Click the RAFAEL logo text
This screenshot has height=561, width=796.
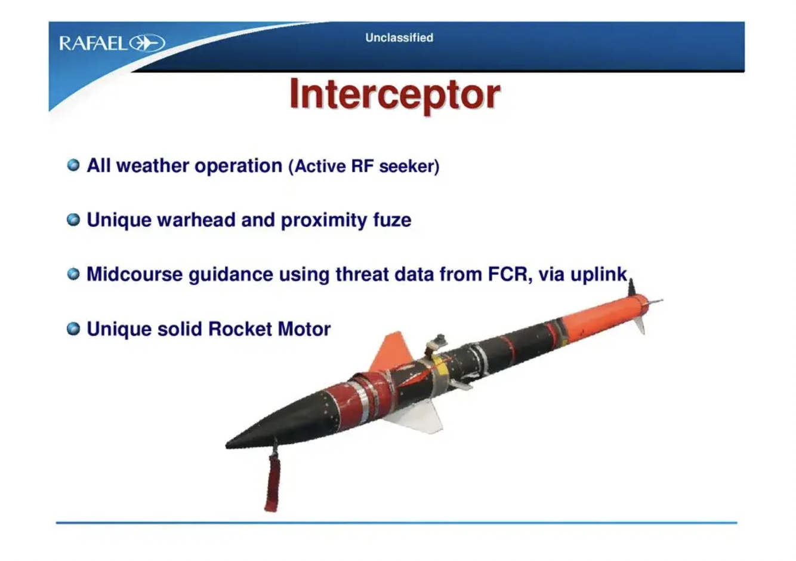(93, 44)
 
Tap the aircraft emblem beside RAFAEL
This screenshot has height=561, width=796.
(147, 43)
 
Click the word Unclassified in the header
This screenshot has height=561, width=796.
(399, 38)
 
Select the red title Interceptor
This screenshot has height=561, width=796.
(395, 94)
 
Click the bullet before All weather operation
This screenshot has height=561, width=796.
(73, 165)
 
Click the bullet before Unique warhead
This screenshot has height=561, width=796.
(73, 220)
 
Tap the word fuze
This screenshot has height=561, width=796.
(392, 220)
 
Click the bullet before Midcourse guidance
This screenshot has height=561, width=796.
(73, 274)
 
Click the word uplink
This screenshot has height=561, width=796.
(598, 275)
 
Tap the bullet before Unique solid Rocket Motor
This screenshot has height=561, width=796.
(73, 329)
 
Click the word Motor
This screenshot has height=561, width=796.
(304, 329)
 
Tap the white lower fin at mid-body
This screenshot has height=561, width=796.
(419, 417)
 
